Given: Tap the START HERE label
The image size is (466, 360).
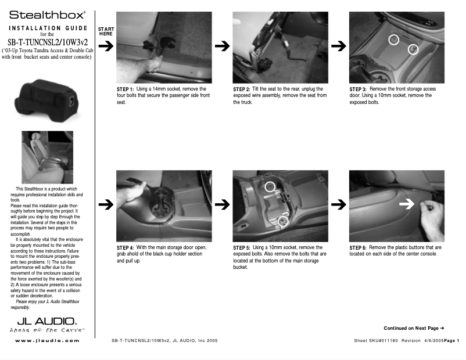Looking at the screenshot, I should coord(106,31).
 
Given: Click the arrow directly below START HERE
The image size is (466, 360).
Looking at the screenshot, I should coord(106,47).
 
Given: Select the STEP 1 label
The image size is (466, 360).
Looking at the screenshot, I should coord(126,89).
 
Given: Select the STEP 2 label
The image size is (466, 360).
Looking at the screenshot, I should coord(242,89).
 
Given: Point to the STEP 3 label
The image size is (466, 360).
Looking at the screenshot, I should coord(358,89).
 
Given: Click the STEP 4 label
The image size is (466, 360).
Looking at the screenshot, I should coord(126,247).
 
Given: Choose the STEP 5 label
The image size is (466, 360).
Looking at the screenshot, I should coord(242,247).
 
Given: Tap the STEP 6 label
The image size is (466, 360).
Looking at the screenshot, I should coord(358,247).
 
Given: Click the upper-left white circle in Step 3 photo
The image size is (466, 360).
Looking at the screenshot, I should coord(393,39).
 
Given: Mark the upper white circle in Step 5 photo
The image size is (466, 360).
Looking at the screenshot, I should coord(270,186).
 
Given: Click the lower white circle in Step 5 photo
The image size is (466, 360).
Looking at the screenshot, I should coord(283,221).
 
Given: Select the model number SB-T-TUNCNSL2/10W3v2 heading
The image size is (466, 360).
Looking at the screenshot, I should coord(48,42).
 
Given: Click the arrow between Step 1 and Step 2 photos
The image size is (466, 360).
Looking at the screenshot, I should coord(221,47).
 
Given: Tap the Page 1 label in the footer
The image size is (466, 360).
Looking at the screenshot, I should coord(451,340).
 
